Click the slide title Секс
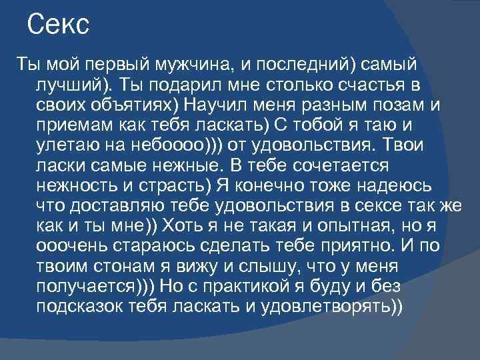point(59,26)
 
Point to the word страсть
point(176,185)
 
